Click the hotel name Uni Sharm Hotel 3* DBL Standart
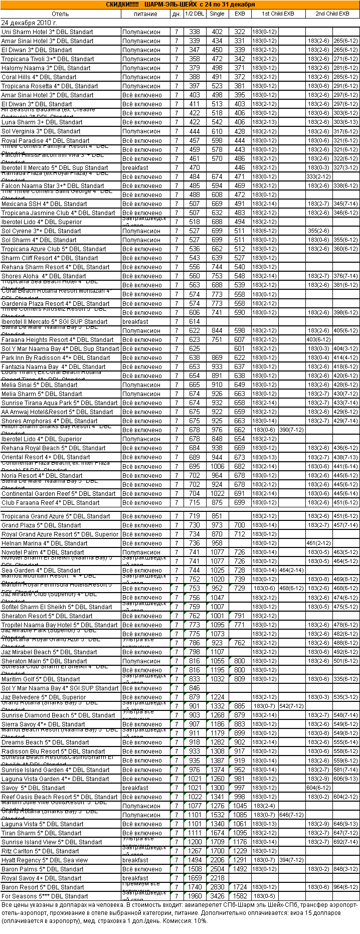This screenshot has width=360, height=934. coord(47,32)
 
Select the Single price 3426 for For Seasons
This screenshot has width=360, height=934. coord(217,896)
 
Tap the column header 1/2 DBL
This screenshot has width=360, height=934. coord(195,14)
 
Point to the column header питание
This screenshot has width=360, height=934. coord(145,14)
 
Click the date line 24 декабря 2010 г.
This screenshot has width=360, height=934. coord(29,23)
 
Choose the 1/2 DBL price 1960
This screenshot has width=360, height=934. coord(195,896)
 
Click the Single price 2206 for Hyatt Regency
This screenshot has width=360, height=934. coord(217,860)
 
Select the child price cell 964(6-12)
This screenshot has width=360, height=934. coord(346,887)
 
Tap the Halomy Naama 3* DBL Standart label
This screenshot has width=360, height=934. coord(46,68)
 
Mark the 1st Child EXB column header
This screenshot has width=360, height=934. coord(278,14)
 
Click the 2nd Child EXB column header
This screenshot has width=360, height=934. coord(332,14)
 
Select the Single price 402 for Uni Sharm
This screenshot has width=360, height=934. coord(217,32)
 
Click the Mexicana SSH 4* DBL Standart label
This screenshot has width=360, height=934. coord(44,204)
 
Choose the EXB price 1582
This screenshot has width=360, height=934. coord(240,896)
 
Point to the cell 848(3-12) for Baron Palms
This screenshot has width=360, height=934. coord(346,869)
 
